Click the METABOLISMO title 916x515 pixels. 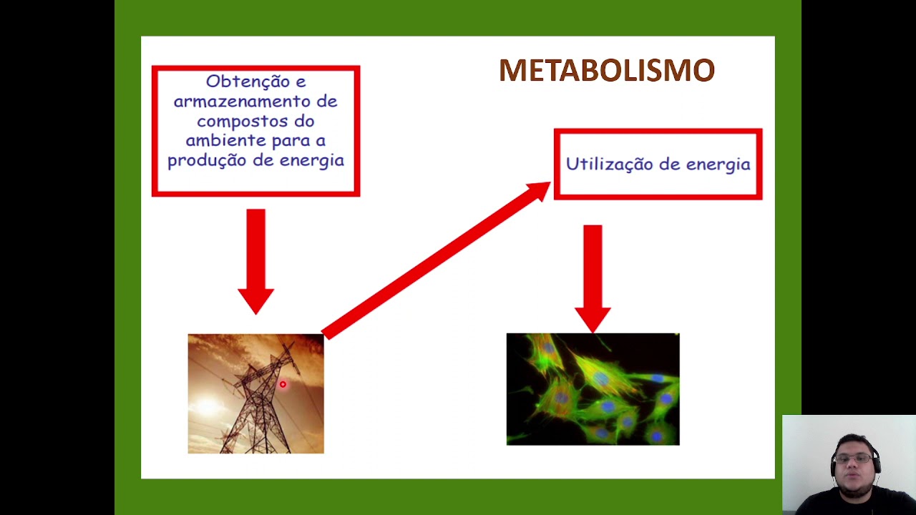pyautogui.click(x=606, y=71)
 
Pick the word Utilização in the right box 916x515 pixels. pyautogui.click(x=610, y=165)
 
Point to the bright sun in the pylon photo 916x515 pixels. pyautogui.click(x=208, y=407)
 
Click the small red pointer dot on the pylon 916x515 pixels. pyautogui.click(x=283, y=385)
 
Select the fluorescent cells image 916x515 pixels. pyautogui.click(x=593, y=389)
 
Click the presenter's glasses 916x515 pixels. pyautogui.click(x=854, y=458)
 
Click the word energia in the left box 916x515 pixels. pyautogui.click(x=311, y=160)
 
